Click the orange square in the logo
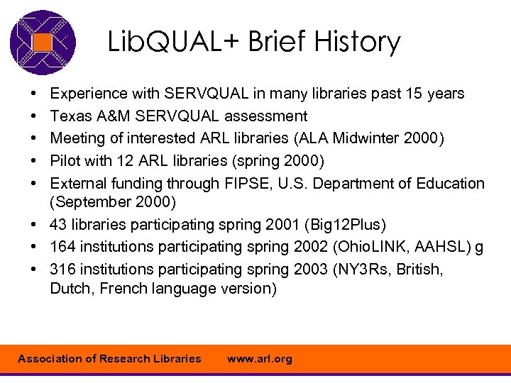[x=43, y=43]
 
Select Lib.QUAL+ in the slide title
[x=173, y=42]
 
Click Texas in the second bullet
[x=70, y=116]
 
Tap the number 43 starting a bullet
[x=60, y=225]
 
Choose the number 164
[x=64, y=248]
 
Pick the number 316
[x=64, y=270]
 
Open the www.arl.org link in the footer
[x=259, y=359]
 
